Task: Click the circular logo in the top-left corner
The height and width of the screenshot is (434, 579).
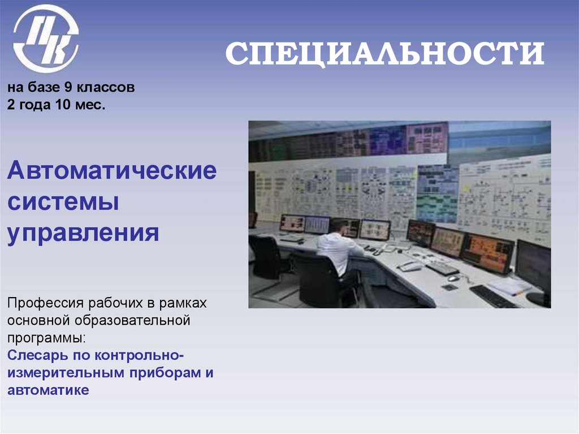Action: (46, 38)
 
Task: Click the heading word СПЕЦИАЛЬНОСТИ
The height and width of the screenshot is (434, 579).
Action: (384, 55)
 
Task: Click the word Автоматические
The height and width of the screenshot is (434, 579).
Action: (111, 170)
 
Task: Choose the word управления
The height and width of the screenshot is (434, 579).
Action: (83, 233)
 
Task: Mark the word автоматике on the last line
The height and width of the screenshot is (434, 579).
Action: (48, 390)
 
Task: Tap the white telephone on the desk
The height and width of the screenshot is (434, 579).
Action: (410, 265)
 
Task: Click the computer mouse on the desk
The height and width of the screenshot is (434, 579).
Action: (453, 278)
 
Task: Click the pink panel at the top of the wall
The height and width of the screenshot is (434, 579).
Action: (427, 137)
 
